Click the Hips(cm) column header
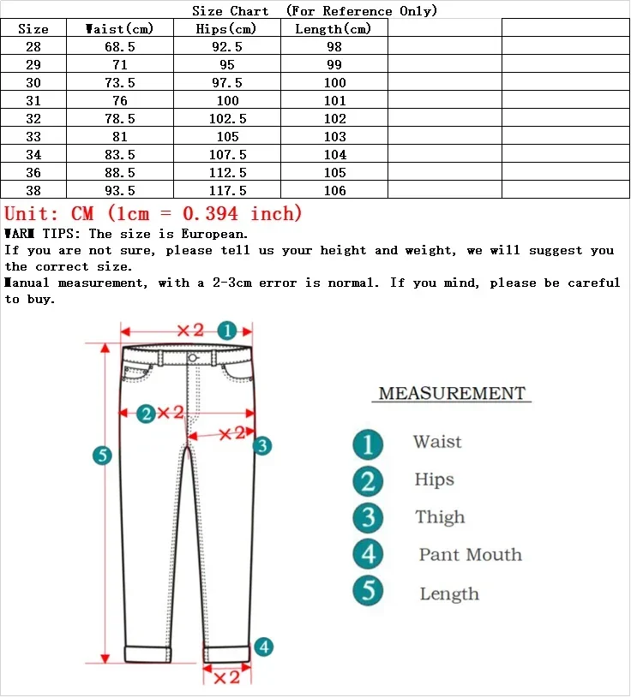(228, 29)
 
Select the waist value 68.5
(119, 47)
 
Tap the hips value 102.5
(228, 119)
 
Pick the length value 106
(334, 191)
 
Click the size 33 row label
(33, 137)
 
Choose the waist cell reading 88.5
(119, 173)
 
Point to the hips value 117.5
(228, 191)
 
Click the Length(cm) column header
(334, 29)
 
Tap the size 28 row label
(33, 47)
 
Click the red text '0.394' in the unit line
(211, 213)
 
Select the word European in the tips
(214, 234)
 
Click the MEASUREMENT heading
(452, 394)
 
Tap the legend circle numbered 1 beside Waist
(368, 444)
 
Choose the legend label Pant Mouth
(470, 555)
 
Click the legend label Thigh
(440, 517)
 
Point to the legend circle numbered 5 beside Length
(368, 592)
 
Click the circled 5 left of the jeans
(103, 456)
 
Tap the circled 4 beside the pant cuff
(264, 647)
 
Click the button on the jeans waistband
(192, 357)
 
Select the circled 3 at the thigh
(263, 445)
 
